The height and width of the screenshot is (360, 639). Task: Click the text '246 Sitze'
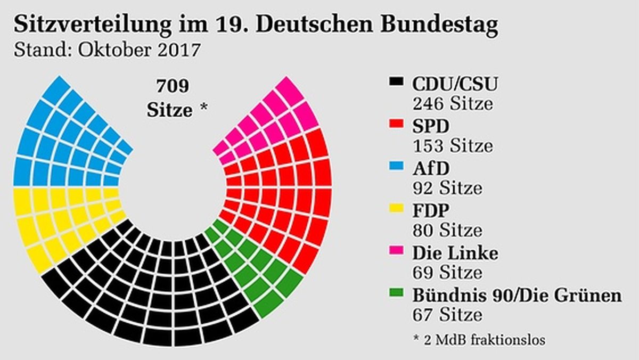452,103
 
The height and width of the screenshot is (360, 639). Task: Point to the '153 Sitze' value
452,145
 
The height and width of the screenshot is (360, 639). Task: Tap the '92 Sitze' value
447,187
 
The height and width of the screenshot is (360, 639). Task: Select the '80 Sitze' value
447,230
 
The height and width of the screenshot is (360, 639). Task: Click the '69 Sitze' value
447,272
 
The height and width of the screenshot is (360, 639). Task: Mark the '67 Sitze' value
447,314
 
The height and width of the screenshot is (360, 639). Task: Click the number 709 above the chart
173,85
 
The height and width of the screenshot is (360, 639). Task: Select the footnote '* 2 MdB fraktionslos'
479,339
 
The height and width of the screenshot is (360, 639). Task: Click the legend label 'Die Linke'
455,252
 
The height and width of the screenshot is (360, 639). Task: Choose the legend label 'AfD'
431,168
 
